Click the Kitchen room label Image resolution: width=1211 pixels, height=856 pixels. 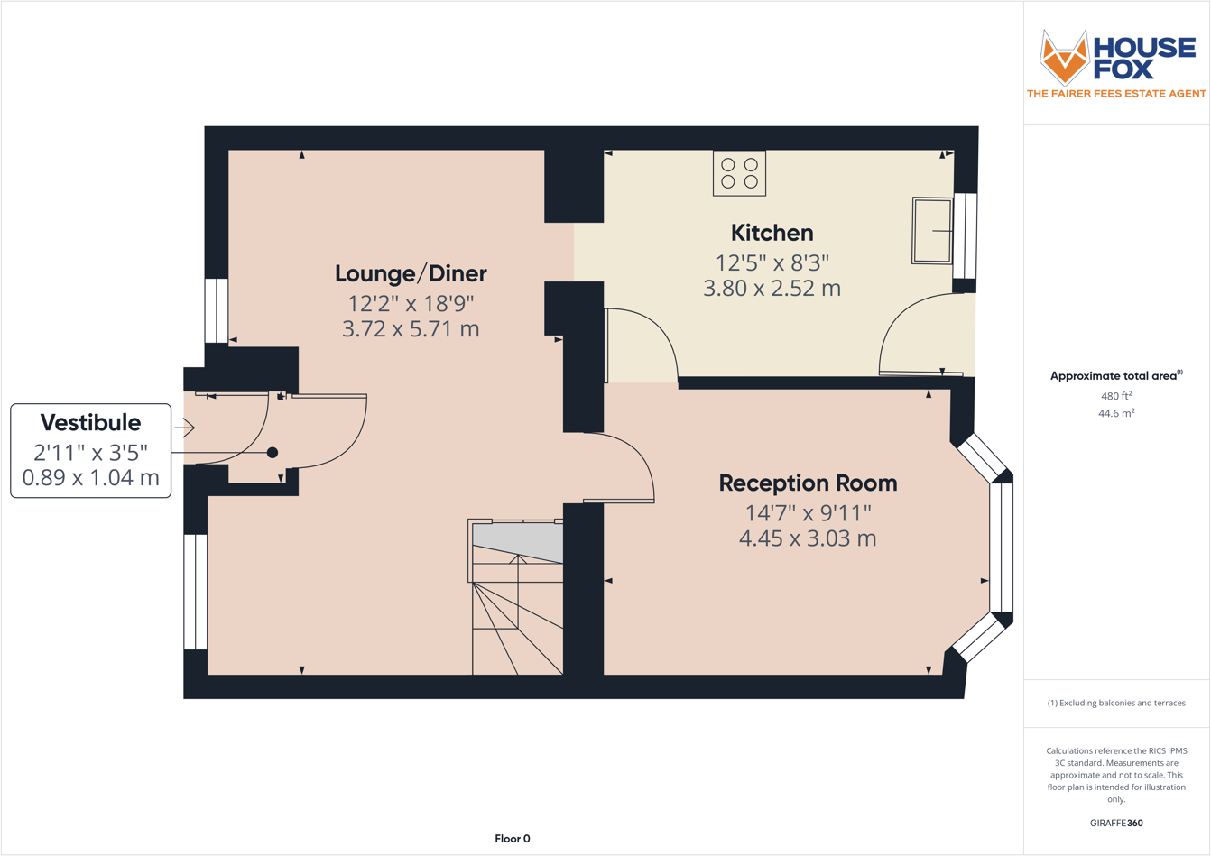point(772,233)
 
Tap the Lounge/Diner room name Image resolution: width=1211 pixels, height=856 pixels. point(411,273)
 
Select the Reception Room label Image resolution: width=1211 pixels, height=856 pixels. point(808,483)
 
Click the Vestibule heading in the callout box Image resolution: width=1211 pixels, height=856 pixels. point(90,422)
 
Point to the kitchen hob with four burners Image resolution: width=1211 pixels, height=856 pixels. point(739,173)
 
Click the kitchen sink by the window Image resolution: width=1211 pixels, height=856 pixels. point(932,231)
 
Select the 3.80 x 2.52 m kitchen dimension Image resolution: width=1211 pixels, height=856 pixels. point(772,289)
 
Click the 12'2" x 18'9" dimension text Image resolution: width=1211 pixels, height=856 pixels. point(411,303)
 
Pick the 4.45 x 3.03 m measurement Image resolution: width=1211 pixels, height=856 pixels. point(808,538)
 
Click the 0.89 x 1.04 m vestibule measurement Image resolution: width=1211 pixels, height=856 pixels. point(90,477)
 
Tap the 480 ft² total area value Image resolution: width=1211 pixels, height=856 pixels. point(1116,395)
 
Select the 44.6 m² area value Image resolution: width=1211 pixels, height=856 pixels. point(1116,413)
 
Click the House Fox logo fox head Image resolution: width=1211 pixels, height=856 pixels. point(1065,57)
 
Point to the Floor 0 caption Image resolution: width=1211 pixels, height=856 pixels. point(513,839)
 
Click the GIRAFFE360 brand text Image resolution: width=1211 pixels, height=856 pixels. point(1116,823)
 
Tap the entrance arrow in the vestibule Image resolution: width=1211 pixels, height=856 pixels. point(186,428)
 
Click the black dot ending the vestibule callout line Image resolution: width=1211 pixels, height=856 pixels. point(273,453)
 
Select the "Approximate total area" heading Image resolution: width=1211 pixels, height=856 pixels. point(1116,376)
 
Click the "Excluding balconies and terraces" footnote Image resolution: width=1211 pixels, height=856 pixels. point(1116,703)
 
